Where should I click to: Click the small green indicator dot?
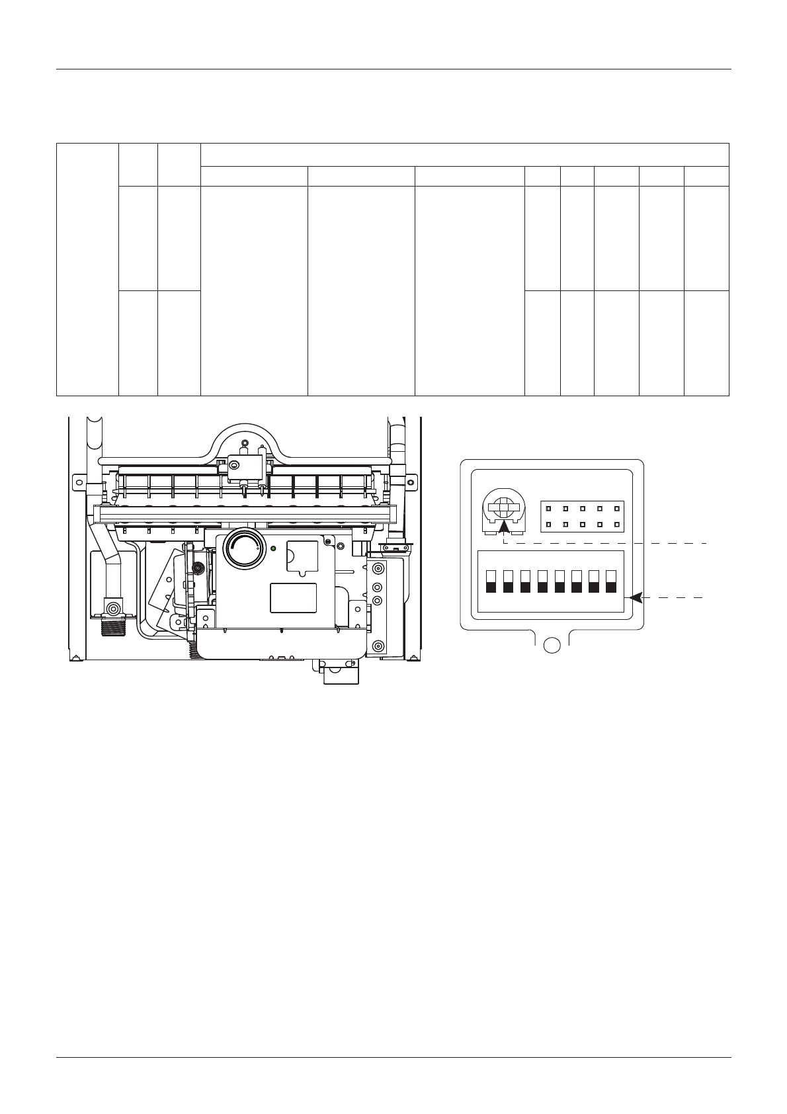click(x=273, y=548)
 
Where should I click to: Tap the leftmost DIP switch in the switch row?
click(x=491, y=581)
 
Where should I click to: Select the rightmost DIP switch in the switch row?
click(x=611, y=581)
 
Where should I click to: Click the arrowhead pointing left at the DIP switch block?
click(x=636, y=597)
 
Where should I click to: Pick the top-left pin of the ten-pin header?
click(x=548, y=509)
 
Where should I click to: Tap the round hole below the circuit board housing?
click(x=552, y=646)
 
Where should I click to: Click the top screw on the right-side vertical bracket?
click(x=378, y=569)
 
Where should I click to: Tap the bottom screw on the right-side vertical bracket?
click(x=378, y=646)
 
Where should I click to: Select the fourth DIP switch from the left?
click(x=543, y=581)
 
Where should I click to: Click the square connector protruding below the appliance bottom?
click(x=341, y=673)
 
